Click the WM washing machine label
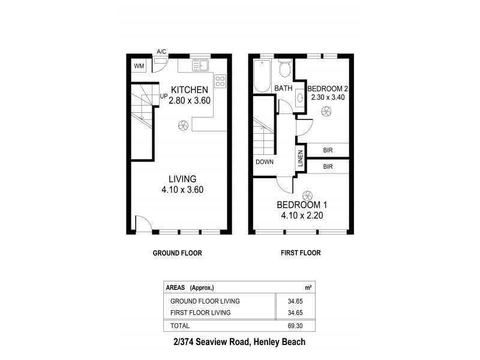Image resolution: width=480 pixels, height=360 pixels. pos(139,66)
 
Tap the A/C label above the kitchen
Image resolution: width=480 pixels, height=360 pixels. pos(161,52)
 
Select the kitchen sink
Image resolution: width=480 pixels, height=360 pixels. pos(200,65)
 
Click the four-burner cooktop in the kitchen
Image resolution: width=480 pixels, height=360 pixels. pos(220,80)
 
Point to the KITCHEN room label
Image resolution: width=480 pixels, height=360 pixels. pos(189,89)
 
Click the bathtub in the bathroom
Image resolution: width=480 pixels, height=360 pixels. pos(263,76)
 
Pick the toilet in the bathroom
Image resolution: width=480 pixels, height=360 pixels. pos(286,70)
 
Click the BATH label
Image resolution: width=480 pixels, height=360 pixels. pos(283,89)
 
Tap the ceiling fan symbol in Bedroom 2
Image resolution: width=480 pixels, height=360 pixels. pos(327,110)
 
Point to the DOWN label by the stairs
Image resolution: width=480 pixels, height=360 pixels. pos(264,162)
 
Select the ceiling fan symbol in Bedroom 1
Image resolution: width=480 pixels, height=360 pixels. pos(308,195)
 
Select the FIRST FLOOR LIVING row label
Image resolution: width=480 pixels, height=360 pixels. pos(200,313)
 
